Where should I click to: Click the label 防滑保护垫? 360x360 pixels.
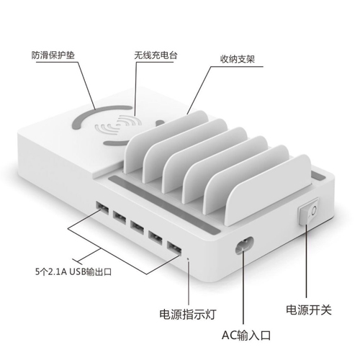point(53,55)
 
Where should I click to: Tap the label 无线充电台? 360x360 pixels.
point(156,55)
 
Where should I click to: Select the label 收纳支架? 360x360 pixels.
point(237,59)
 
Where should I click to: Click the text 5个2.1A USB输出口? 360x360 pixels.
point(73,271)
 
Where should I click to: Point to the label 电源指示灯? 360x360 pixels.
point(188,314)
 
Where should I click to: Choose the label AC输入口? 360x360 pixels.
point(246,335)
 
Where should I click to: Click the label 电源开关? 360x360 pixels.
point(309,310)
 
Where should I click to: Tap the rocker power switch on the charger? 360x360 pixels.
point(309,212)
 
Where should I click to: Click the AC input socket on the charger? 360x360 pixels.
point(244,246)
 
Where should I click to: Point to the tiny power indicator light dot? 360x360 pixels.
point(188,259)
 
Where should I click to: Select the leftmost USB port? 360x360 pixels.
point(102,208)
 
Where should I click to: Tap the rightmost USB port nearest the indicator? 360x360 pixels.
point(174,248)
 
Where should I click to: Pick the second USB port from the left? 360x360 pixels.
point(120,217)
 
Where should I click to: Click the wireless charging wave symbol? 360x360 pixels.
point(118,125)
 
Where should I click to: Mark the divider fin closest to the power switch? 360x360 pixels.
point(269,190)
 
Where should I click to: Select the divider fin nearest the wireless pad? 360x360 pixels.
point(166,142)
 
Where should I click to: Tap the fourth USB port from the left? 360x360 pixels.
point(156,238)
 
